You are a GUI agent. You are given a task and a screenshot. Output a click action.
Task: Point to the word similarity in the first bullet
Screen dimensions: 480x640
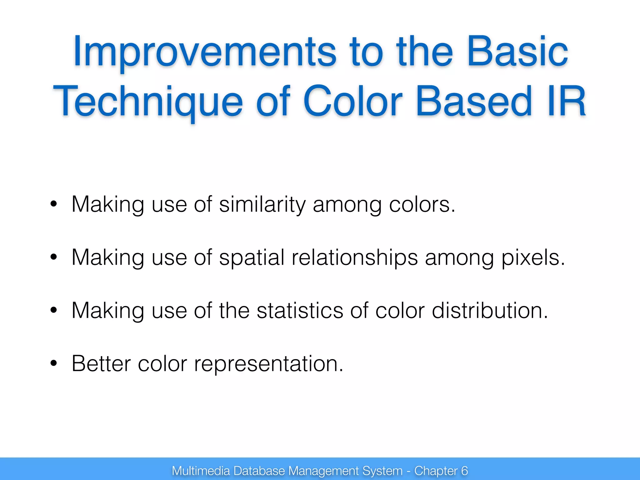point(262,204)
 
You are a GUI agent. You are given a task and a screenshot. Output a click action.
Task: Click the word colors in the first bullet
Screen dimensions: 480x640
point(422,204)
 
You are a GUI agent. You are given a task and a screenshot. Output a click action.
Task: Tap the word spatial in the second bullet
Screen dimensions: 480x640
point(252,257)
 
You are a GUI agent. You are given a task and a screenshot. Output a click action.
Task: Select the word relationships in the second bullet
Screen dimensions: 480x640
point(354,257)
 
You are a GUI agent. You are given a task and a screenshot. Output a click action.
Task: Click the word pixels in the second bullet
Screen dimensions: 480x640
point(533,257)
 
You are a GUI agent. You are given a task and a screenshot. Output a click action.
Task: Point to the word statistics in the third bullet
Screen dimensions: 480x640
point(300,311)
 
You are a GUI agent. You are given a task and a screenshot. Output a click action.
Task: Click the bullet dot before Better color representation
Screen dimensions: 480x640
point(54,363)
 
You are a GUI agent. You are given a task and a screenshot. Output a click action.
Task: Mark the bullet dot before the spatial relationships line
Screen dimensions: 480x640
point(54,257)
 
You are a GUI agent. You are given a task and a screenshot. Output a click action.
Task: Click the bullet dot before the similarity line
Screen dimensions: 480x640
point(54,204)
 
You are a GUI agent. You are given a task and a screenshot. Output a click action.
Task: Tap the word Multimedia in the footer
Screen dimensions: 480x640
point(201,471)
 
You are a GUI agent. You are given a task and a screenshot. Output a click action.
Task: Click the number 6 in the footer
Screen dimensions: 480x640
point(464,471)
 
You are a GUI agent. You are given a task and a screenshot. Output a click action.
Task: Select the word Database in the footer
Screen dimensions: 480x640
point(259,471)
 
